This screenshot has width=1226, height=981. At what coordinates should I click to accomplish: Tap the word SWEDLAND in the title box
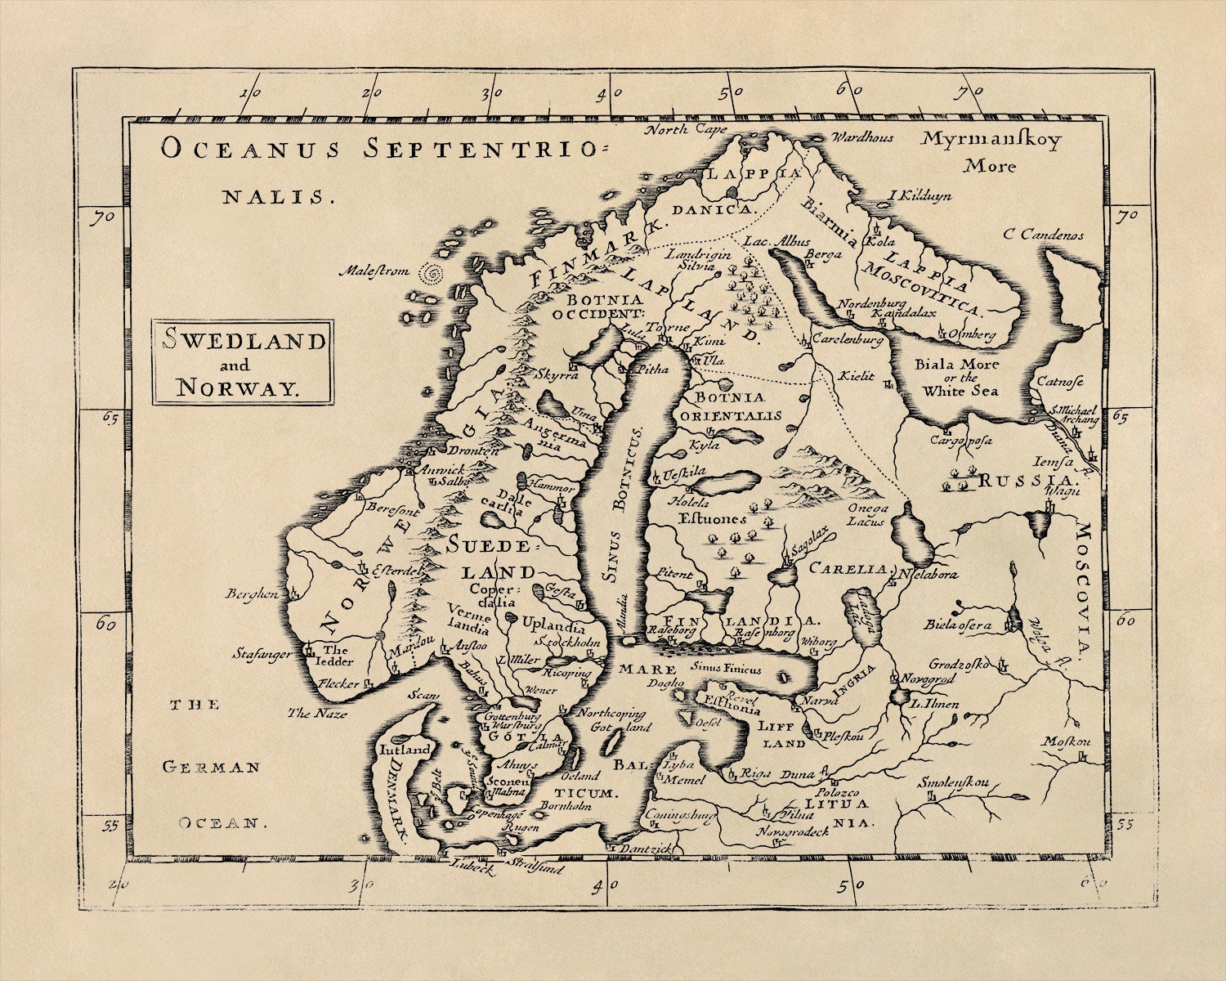pos(244,341)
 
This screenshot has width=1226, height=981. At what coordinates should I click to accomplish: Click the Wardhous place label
pos(862,138)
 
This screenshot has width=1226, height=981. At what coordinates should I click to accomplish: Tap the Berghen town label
pos(253,594)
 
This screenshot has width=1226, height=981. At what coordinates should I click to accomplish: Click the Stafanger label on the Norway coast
pos(262,653)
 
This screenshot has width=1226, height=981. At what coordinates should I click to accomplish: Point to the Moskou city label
pos(1066,741)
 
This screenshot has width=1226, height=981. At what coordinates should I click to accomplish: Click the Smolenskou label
pos(952,782)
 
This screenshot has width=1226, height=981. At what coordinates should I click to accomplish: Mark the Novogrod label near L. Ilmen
pos(928,679)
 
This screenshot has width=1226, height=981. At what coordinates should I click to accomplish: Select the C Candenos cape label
pos(1044,235)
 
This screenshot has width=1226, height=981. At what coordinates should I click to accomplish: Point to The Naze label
pos(317,714)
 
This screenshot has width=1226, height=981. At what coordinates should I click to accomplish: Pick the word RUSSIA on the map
pos(1024,480)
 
